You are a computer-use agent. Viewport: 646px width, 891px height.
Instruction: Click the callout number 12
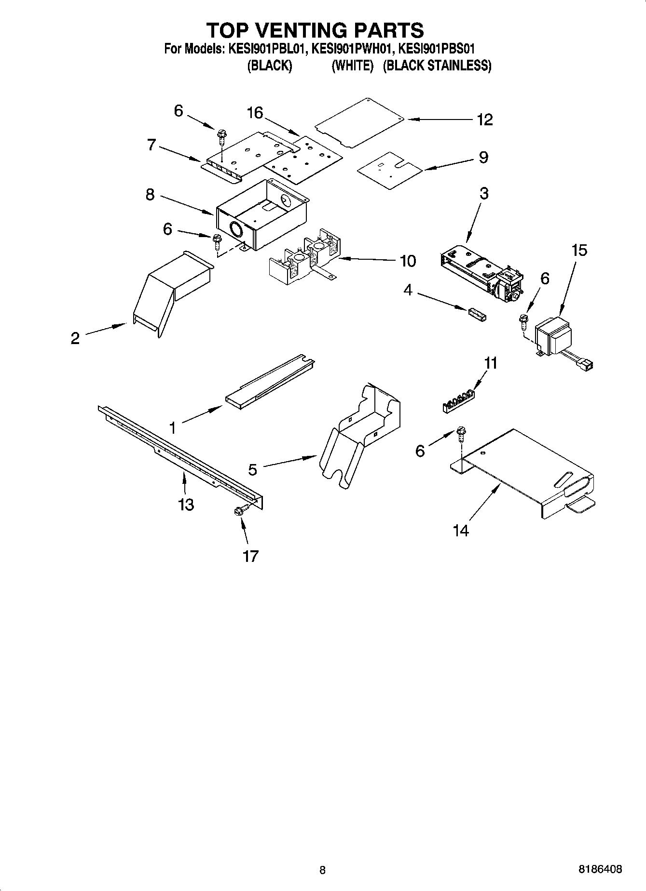point(484,120)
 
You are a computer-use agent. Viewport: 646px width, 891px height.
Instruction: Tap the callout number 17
point(251,556)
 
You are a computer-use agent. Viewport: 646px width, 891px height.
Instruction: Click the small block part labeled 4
point(477,314)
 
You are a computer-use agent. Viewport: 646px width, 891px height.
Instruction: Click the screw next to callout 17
point(240,511)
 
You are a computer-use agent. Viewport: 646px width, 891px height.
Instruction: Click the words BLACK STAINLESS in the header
point(437,66)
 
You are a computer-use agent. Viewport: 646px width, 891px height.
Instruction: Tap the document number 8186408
point(600,869)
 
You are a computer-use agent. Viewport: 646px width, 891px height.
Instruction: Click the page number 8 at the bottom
point(322,870)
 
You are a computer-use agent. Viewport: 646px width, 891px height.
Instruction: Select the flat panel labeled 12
point(359,123)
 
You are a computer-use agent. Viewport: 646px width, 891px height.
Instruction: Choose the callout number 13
point(186,505)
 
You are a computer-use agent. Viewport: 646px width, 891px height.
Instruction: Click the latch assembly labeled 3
point(482,275)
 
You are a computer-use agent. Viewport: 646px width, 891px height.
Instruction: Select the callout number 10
point(408,261)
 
